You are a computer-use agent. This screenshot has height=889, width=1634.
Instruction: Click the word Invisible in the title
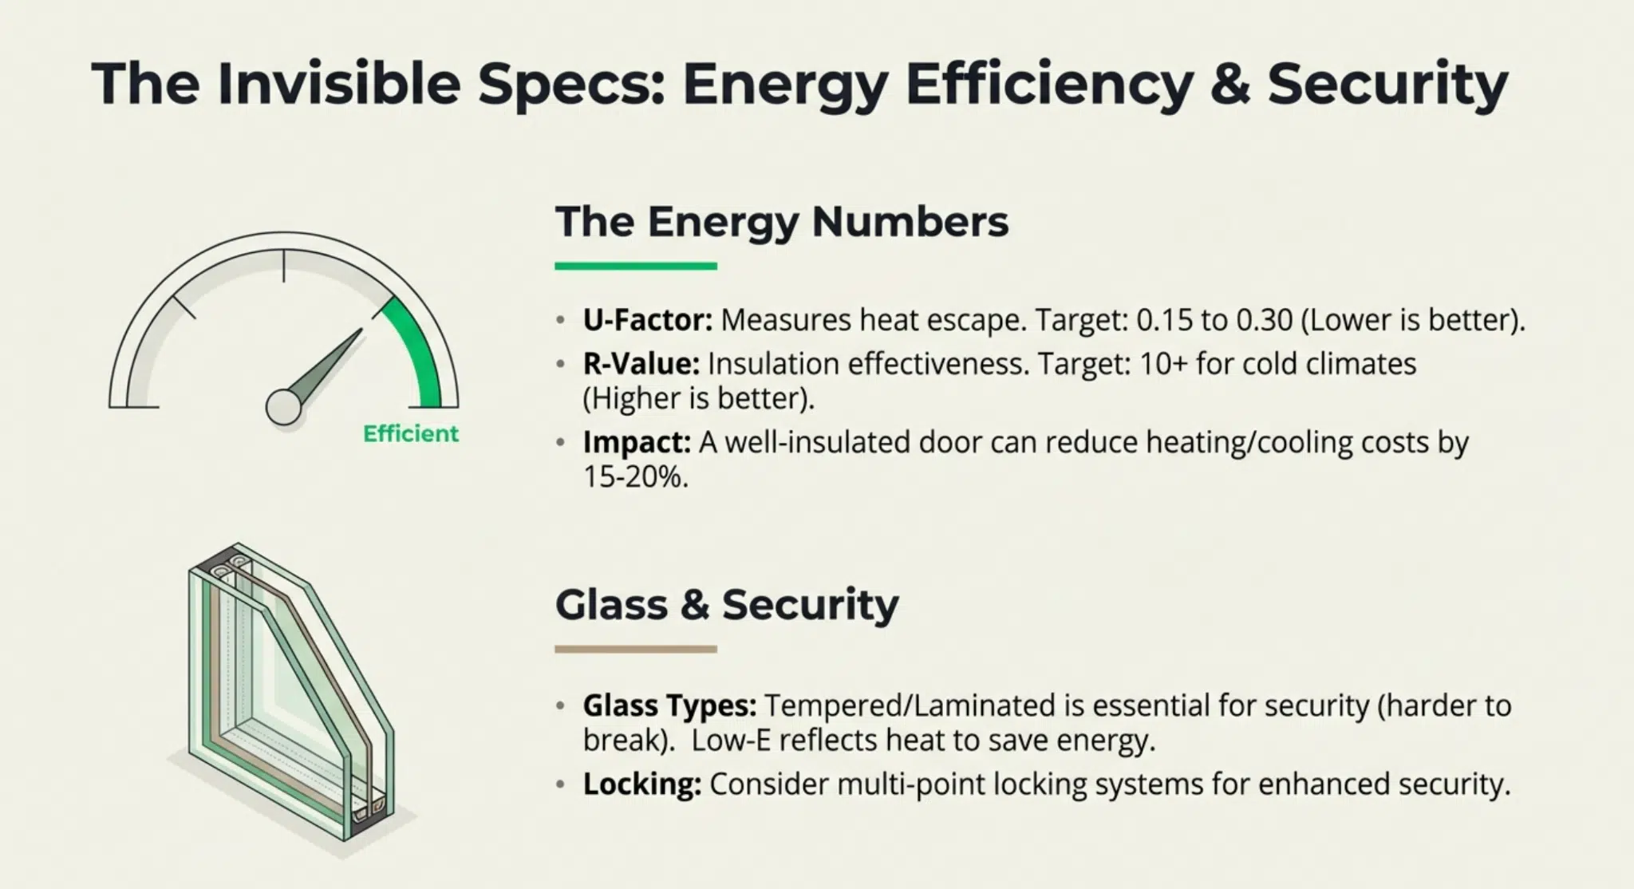click(339, 83)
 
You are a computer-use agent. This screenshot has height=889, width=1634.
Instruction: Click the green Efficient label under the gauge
click(411, 434)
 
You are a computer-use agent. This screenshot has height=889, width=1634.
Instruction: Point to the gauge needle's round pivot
click(283, 406)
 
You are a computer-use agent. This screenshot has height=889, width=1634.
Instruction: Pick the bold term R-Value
click(641, 364)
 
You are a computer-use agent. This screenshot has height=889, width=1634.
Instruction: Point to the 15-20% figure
click(635, 477)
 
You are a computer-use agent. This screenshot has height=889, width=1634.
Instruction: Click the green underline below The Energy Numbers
click(636, 266)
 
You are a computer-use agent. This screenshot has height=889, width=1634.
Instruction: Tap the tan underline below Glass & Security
click(636, 650)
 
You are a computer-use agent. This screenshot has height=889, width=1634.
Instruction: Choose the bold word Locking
click(642, 784)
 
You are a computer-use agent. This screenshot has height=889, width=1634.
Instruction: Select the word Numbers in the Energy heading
click(910, 222)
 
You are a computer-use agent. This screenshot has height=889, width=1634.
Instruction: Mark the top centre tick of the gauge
click(283, 266)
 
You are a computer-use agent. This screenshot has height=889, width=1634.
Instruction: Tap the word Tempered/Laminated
click(910, 706)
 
